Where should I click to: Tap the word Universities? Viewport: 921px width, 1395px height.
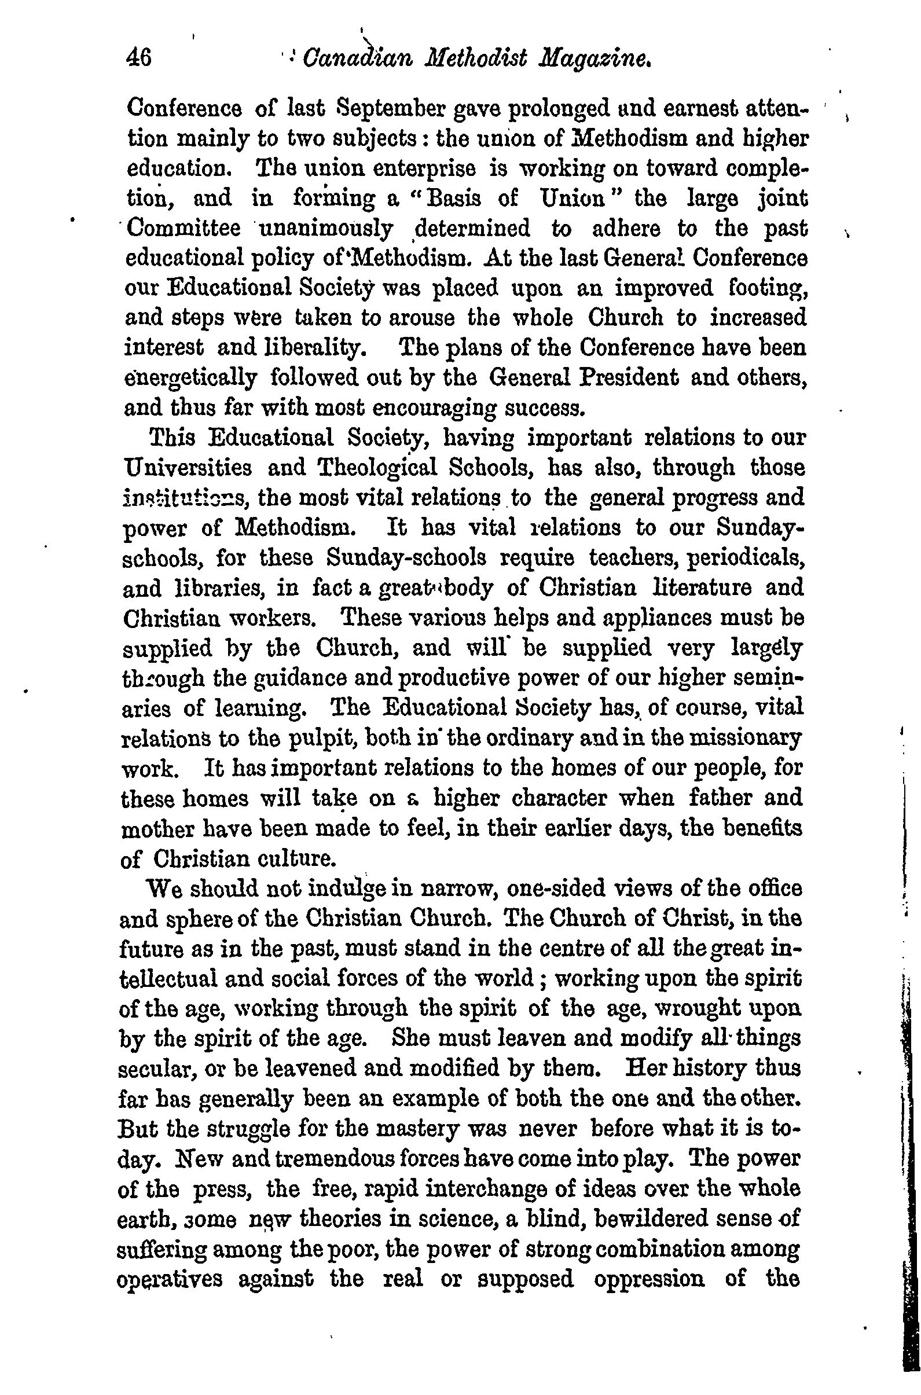point(189,468)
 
